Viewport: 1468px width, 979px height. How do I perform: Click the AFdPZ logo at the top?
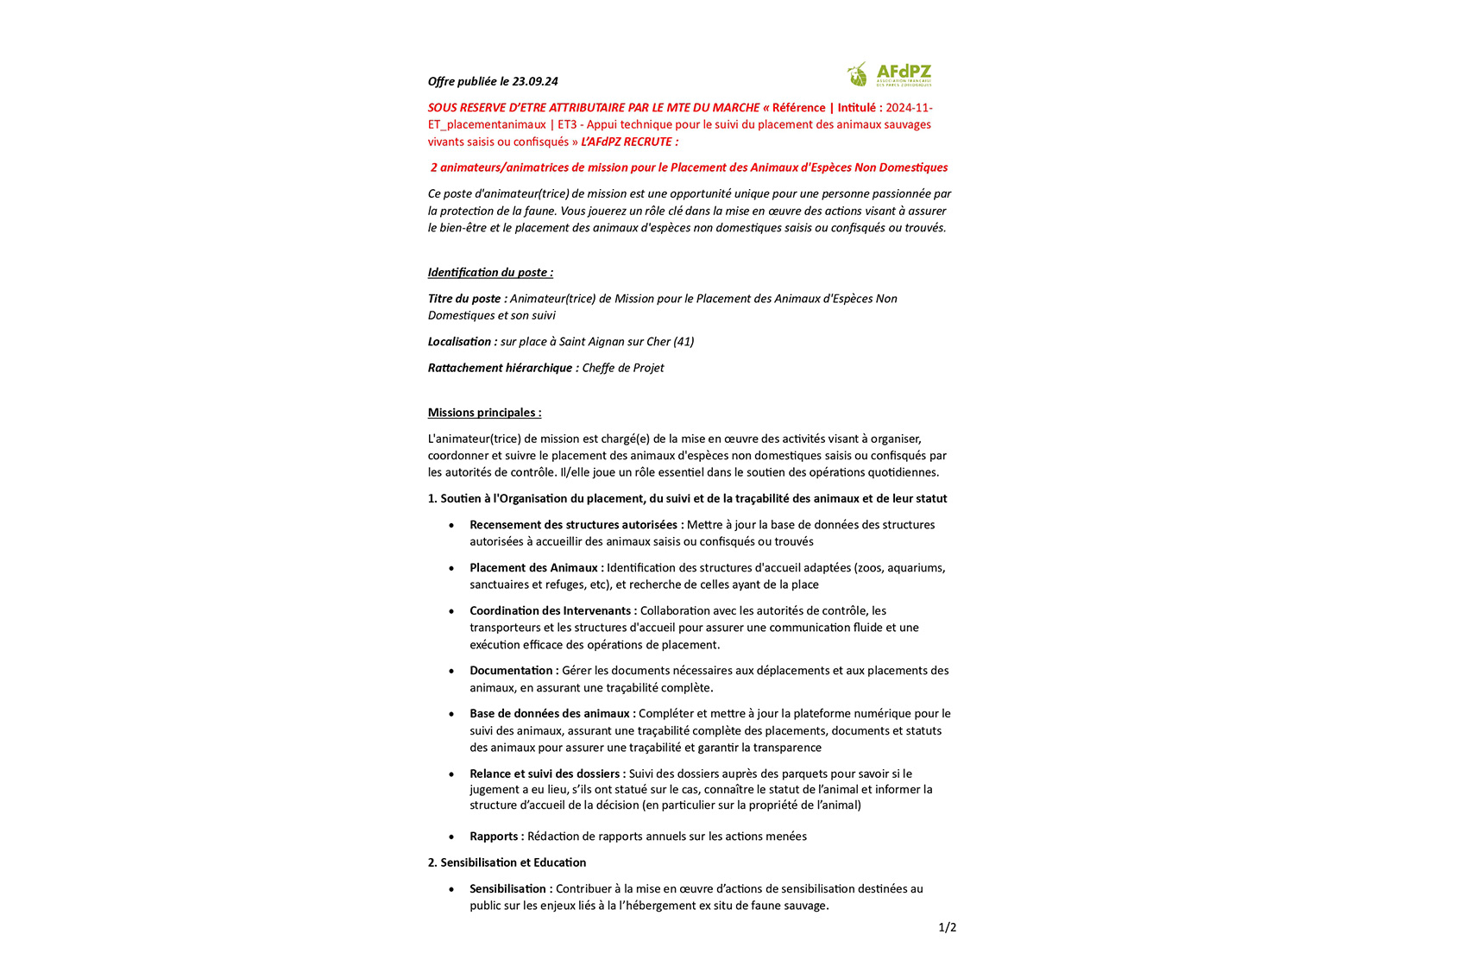[890, 74]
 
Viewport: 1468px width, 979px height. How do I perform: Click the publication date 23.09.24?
[535, 81]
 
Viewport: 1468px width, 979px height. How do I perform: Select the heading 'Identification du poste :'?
[490, 272]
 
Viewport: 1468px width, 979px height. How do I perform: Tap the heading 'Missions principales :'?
[484, 412]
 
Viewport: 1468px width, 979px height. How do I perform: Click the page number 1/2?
[947, 927]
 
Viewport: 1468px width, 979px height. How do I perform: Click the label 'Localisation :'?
[462, 341]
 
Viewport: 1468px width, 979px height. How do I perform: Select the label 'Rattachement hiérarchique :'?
[503, 368]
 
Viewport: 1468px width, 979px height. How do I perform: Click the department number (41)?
[684, 341]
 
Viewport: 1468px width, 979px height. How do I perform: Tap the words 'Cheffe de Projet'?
[623, 368]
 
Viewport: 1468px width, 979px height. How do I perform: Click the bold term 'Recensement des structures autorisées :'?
[576, 524]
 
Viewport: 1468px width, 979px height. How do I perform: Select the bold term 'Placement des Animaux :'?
[536, 567]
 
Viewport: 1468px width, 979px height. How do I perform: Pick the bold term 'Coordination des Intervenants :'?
[552, 610]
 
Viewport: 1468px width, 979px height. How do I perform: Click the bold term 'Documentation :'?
[513, 670]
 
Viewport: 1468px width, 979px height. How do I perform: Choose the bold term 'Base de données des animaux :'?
[552, 713]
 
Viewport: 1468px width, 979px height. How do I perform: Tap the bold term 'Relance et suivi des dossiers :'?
[547, 774]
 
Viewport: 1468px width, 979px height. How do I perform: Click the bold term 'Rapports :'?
[496, 836]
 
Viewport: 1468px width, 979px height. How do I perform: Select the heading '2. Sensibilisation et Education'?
[507, 862]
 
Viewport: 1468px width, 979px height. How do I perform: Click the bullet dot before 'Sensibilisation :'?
[451, 889]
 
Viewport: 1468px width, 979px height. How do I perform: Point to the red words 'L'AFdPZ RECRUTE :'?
[629, 142]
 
